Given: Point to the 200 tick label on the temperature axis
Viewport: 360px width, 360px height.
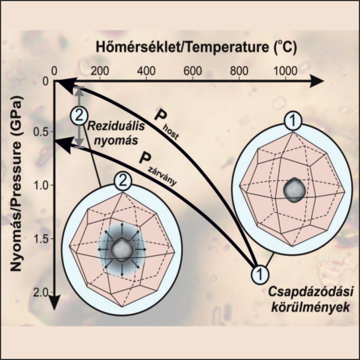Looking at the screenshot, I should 100,70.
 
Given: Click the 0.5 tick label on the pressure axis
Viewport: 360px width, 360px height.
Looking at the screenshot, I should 42,133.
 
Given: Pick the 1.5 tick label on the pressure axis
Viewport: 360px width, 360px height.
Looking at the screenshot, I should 42,239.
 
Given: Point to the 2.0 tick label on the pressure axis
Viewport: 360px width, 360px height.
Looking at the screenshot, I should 41,292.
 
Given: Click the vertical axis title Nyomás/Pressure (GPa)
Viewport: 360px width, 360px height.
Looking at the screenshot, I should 19,188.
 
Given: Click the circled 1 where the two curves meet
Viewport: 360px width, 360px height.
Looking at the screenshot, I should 260,274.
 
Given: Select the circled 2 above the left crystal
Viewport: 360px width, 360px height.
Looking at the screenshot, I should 121,182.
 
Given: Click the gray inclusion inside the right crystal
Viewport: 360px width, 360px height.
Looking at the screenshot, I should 294,190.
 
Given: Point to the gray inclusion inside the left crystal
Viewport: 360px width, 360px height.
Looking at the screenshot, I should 121,249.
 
